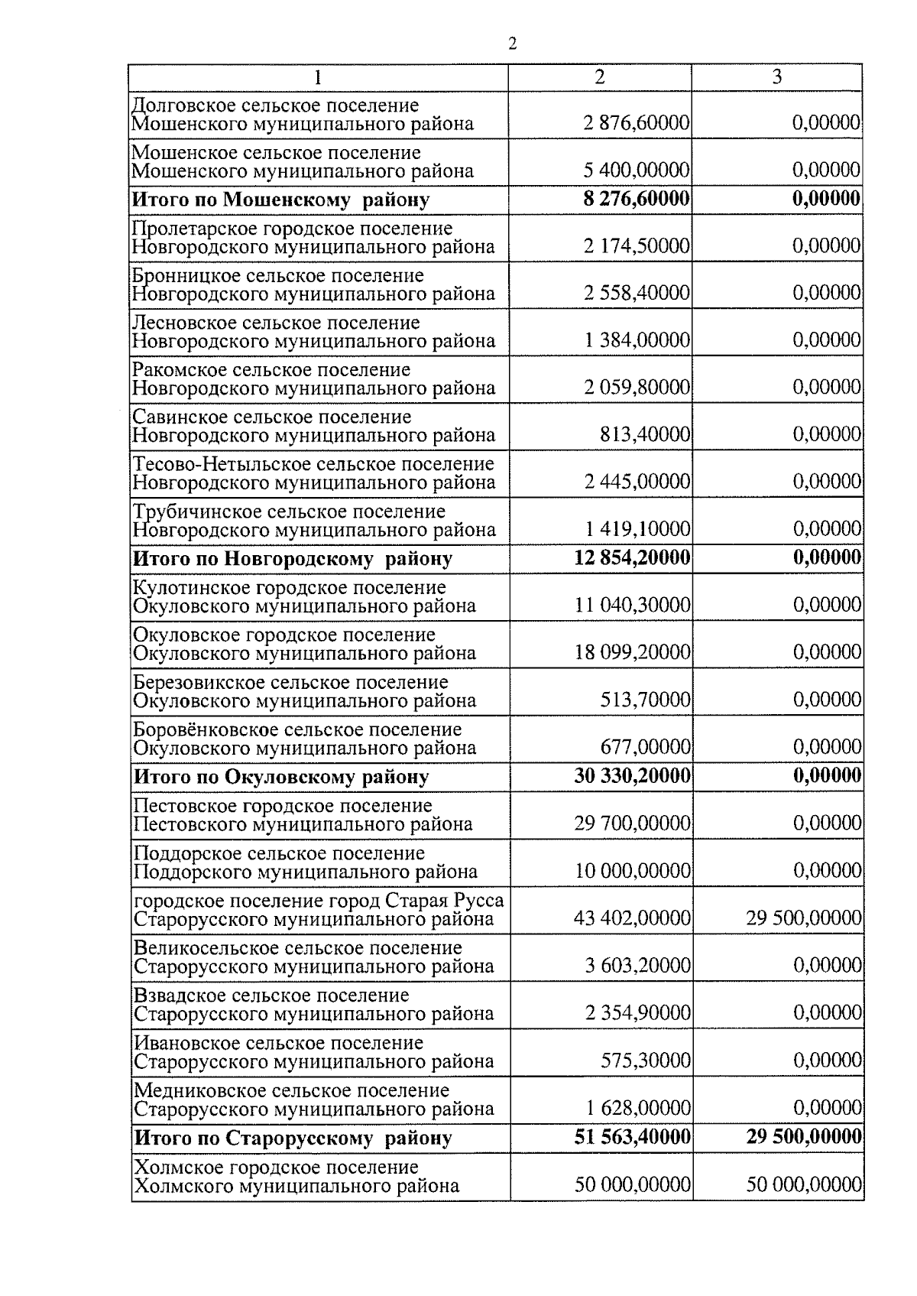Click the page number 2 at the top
[x=512, y=44]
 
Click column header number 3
[x=776, y=77]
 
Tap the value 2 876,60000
[x=637, y=124]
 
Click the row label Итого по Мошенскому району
[x=281, y=200]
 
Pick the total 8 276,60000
[x=637, y=200]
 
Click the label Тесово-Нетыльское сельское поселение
[x=313, y=464]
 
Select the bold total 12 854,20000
[x=632, y=558]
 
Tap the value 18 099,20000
[x=633, y=653]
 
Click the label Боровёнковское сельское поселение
[x=298, y=729]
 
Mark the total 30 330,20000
[x=632, y=777]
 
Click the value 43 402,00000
[x=632, y=918]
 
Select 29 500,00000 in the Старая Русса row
[x=804, y=918]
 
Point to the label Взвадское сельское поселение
[x=272, y=996]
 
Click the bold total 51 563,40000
[x=632, y=1138]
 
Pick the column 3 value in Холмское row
[x=804, y=1186]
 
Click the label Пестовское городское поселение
[x=283, y=806]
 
